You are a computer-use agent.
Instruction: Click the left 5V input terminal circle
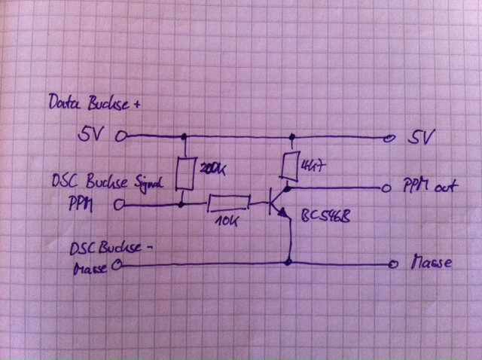coord(120,138)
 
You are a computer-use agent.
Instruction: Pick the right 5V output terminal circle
coord(389,139)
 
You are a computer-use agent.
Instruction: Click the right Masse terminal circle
coord(391,264)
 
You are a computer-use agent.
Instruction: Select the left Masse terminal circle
coord(117,265)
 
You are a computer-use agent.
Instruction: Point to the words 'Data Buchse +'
coord(93,103)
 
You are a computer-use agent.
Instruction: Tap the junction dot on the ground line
coord(290,263)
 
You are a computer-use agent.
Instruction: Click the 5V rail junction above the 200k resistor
coord(183,138)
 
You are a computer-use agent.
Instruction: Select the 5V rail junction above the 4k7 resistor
coord(291,138)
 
